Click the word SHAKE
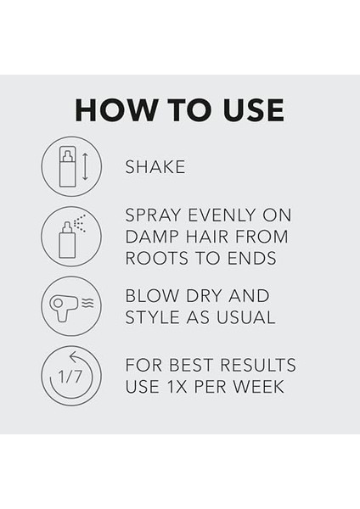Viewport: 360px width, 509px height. point(155,167)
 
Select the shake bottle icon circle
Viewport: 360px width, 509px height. point(71,166)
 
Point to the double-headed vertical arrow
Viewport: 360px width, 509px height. point(85,166)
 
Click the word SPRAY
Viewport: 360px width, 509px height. point(152,215)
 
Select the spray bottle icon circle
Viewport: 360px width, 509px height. point(71,237)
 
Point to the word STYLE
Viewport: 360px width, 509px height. point(150,318)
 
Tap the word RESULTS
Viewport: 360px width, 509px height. point(258,366)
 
